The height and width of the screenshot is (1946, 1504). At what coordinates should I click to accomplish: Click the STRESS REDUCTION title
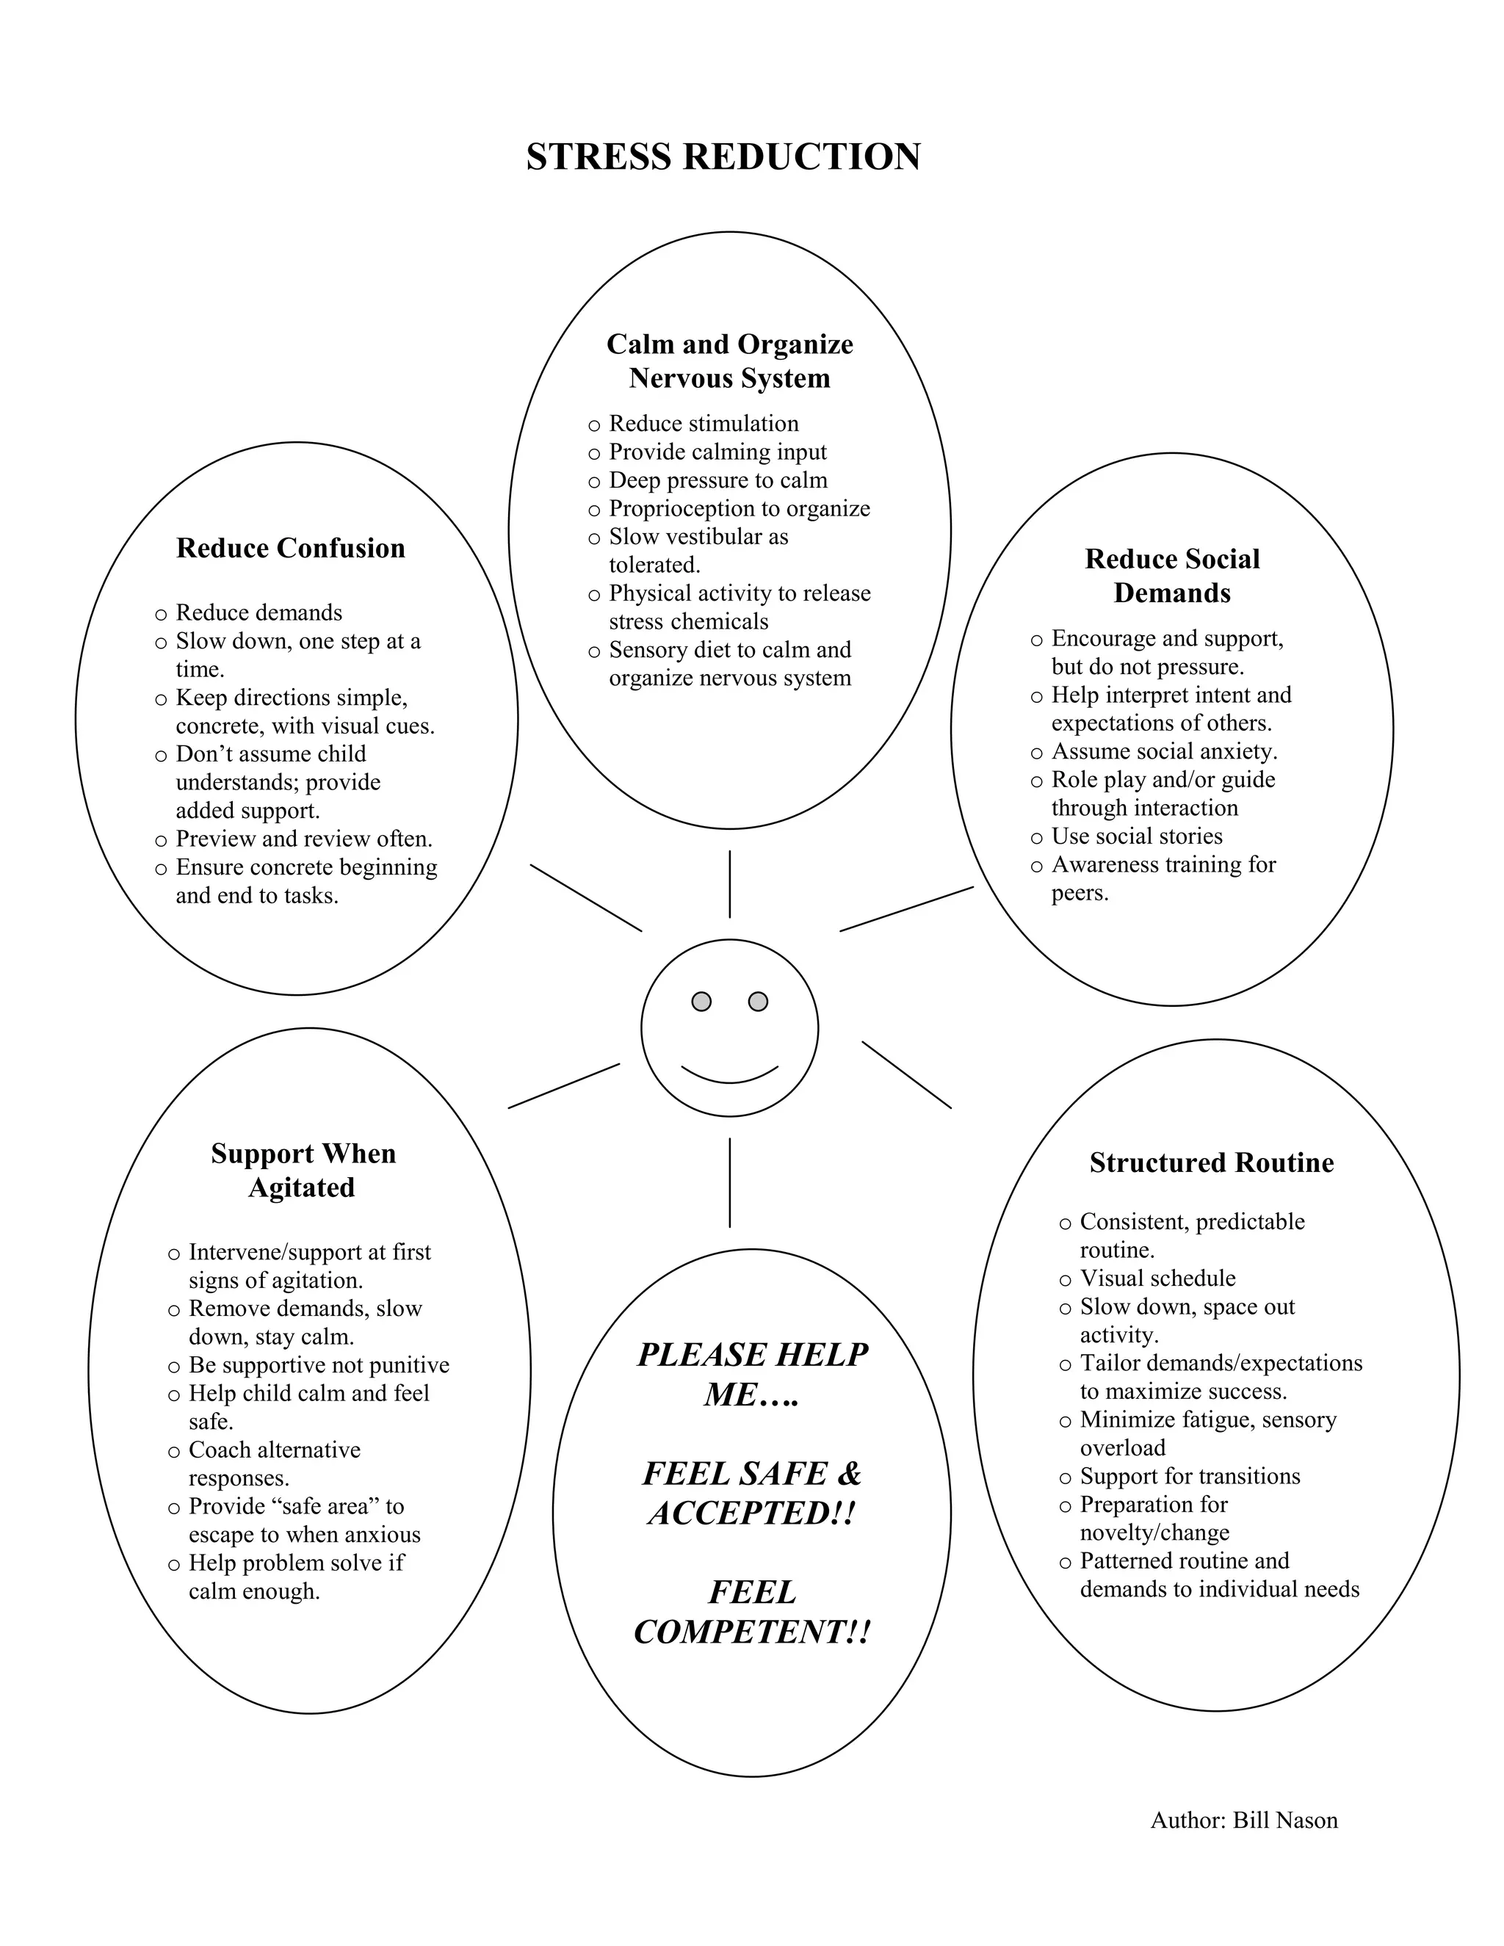(x=723, y=157)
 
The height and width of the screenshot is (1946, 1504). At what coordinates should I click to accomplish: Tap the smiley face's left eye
(x=701, y=1002)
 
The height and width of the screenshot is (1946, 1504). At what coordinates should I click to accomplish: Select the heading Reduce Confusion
(x=291, y=548)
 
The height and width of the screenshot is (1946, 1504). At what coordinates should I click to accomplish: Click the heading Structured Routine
(x=1211, y=1162)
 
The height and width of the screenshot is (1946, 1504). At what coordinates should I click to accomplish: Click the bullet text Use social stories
(x=1137, y=836)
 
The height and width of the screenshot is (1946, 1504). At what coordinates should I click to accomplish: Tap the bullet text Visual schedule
(x=1157, y=1278)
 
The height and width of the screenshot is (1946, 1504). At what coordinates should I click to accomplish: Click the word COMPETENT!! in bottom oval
(x=751, y=1632)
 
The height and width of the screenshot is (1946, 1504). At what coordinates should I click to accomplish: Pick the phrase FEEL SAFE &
(x=751, y=1473)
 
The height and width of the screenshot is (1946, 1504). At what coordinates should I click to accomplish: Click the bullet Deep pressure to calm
(x=717, y=480)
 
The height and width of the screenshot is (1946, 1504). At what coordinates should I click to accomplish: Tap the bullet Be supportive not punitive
(x=318, y=1365)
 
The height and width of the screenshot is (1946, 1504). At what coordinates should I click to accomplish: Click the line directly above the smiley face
(x=730, y=884)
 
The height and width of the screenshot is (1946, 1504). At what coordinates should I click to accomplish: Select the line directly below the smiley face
(x=730, y=1182)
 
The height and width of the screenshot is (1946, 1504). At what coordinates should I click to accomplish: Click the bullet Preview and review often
(x=303, y=839)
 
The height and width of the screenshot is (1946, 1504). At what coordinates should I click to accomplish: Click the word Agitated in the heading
(x=301, y=1187)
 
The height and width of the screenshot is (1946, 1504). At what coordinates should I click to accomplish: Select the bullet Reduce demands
(x=258, y=612)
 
